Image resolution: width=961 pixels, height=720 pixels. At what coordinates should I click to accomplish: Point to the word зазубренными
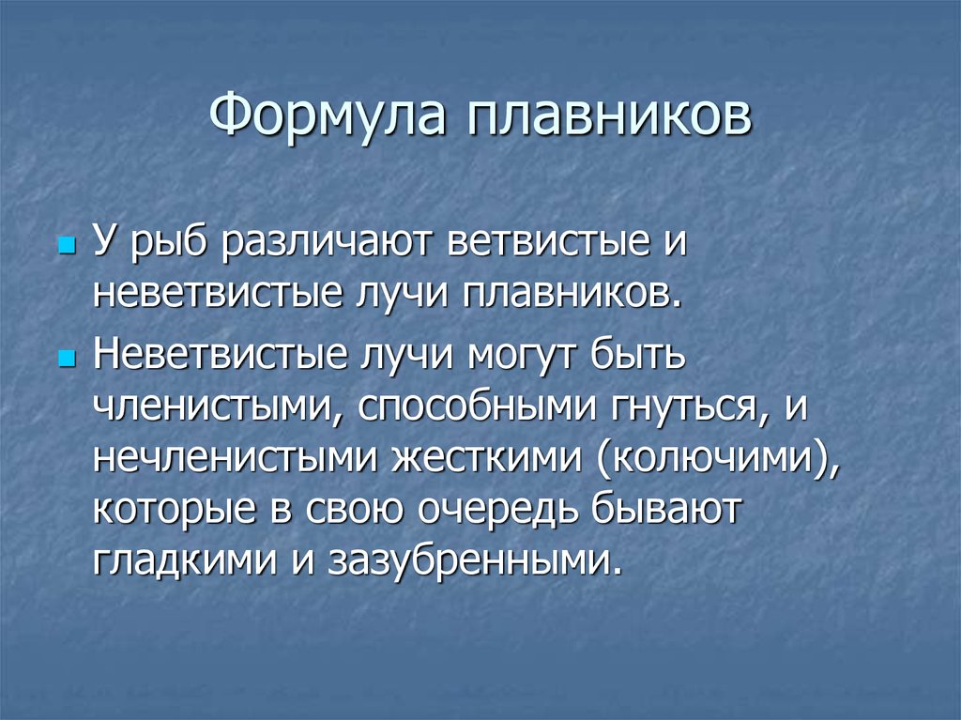[474, 561]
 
